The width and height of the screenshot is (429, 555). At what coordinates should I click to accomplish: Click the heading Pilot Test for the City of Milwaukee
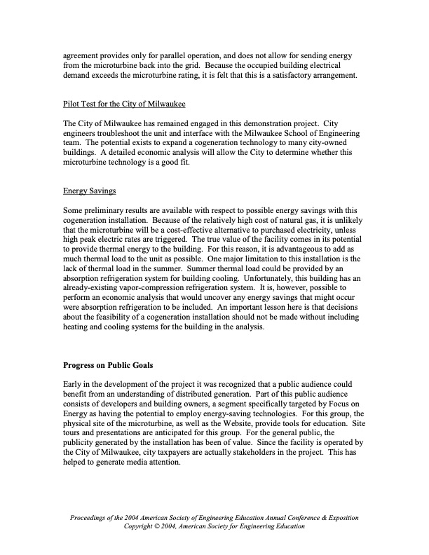coord(124,106)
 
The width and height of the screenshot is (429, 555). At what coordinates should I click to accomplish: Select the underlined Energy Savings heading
coord(90,190)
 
